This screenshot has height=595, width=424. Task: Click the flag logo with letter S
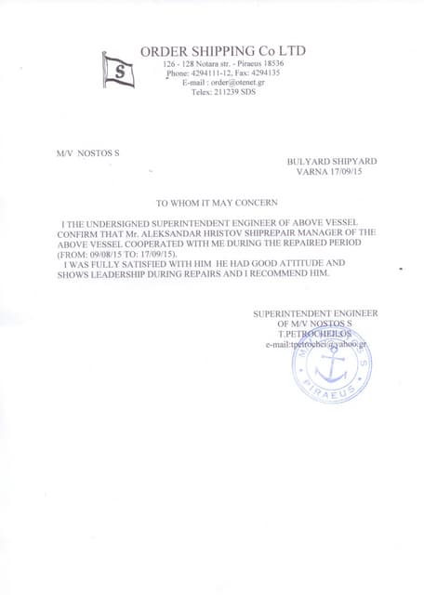coord(118,70)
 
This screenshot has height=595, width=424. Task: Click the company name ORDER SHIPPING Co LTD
coord(222,50)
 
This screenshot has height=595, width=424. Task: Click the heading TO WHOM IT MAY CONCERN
coord(216,202)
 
